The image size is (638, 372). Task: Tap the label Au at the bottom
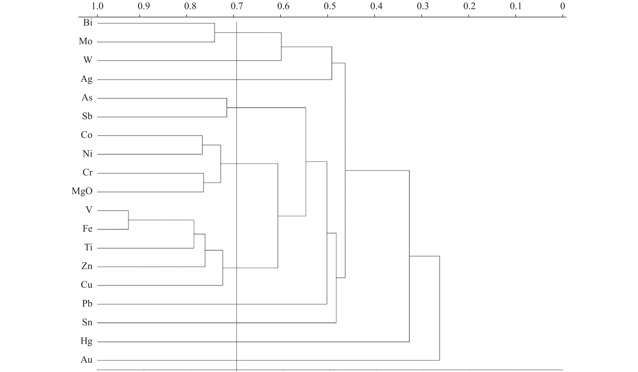[x=87, y=360]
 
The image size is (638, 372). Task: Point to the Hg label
[x=87, y=341]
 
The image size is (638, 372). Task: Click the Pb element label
[x=87, y=303]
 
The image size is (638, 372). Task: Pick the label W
[x=88, y=60]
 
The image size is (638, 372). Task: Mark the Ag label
[x=87, y=79]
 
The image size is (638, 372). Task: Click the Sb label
[x=87, y=116]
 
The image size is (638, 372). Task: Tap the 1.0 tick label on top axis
[x=97, y=6]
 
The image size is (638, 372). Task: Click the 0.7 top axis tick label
[x=237, y=6]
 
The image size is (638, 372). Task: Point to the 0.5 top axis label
[x=330, y=6]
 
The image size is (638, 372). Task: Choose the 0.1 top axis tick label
[x=516, y=6]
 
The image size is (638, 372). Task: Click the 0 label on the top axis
[x=562, y=6]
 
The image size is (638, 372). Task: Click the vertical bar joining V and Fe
[x=128, y=220]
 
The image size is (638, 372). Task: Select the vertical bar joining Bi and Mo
[x=215, y=33]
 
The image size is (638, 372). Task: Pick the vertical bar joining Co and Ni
[x=202, y=145]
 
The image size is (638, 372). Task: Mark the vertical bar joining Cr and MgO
[x=204, y=183]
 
